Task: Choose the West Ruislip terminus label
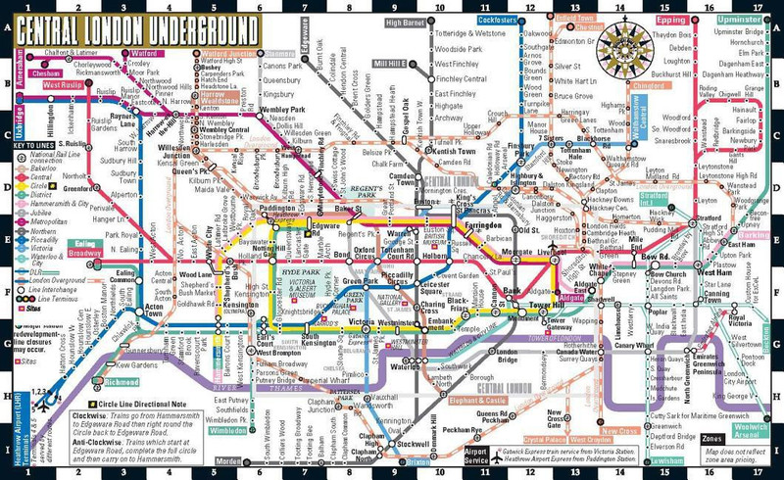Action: coord(63,85)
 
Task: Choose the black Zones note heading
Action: coord(712,439)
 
